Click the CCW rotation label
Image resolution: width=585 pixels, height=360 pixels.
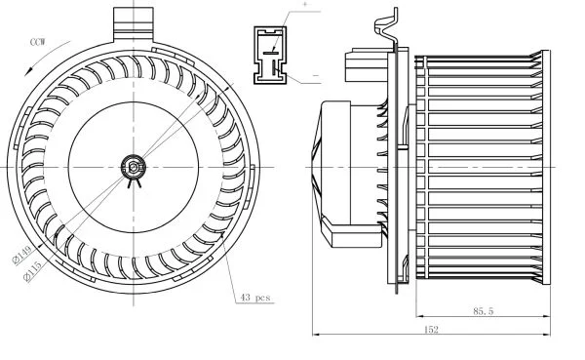38,42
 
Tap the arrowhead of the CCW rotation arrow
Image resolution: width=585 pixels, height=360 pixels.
28,71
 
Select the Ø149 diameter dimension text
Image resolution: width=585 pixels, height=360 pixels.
22,256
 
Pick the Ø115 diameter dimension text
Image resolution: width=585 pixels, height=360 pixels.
32,271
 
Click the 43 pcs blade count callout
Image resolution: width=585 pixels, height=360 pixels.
255,298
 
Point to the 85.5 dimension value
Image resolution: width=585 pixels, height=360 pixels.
484,310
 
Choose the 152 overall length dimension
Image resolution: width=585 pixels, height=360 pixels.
431,330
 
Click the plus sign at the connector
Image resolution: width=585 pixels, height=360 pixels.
305,5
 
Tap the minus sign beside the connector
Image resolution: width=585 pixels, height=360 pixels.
316,75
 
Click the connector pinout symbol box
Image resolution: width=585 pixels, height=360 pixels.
270,55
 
